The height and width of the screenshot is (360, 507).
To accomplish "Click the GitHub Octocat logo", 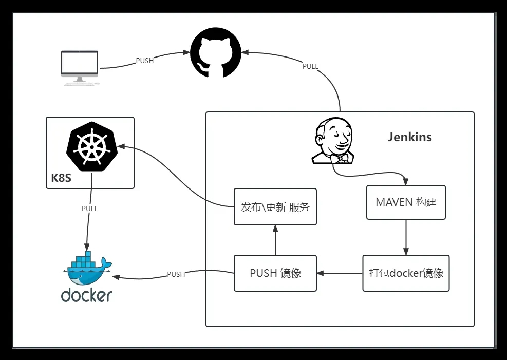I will (216, 53).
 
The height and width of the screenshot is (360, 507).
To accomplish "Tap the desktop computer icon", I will (79, 67).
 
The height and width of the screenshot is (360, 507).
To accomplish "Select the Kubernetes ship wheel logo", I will (91, 146).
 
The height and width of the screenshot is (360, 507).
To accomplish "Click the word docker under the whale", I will (87, 295).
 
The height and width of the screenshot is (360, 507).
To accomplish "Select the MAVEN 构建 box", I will (406, 202).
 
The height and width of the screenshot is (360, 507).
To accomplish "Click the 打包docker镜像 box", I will (406, 273).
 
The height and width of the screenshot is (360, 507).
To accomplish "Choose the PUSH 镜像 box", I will (275, 273).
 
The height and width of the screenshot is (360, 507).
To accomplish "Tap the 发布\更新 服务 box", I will (275, 207).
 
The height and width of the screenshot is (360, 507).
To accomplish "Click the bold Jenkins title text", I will (409, 137).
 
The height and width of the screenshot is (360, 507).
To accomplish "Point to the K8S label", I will (61, 179).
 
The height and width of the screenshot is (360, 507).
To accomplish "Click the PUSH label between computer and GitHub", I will (144, 61).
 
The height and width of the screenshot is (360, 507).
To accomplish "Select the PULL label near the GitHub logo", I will (310, 66).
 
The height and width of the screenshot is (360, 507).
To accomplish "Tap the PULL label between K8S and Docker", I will (89, 209).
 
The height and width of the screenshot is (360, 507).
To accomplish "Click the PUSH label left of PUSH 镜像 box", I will (176, 274).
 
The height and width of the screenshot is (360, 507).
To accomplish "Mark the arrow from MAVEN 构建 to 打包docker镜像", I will (406, 237).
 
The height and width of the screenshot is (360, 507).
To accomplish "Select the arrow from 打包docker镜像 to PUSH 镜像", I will (340, 273).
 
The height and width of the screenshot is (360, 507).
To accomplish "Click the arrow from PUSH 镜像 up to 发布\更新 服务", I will (275, 240).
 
